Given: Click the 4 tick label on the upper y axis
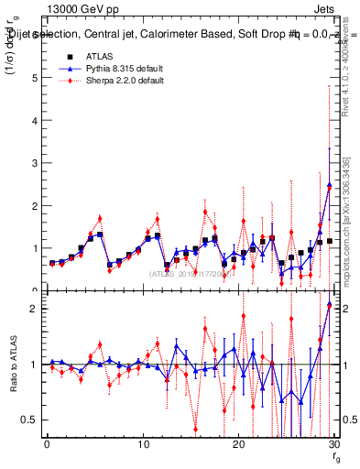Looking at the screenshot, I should pos(35,120).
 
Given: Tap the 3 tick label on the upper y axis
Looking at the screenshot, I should pos(35,163).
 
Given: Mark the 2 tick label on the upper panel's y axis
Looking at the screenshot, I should pos(35,205).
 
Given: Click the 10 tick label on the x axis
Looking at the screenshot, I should pos(142,444).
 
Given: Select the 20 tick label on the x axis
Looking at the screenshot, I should pos(238,444).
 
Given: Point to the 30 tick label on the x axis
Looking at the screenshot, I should pos(333,444).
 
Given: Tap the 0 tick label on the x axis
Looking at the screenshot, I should pos(47,444).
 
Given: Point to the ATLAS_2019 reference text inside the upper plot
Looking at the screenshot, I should pos(192,274).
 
